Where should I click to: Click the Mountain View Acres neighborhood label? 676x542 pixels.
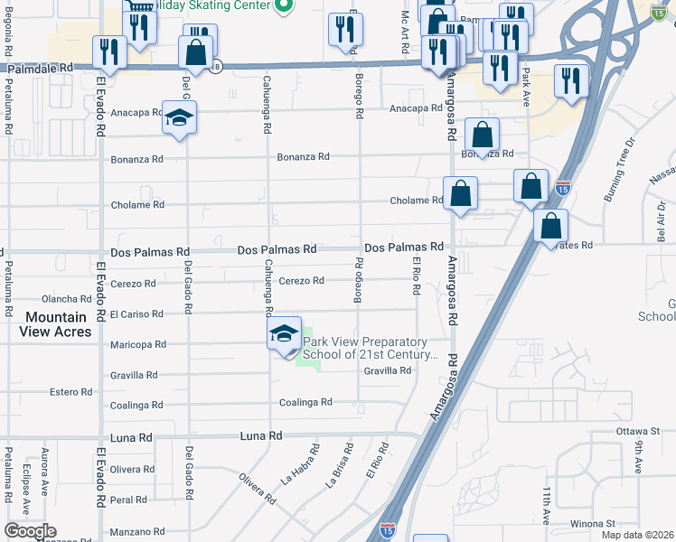point(56,324)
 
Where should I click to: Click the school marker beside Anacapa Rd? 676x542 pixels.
point(180,119)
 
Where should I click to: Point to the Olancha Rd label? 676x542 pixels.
point(67,299)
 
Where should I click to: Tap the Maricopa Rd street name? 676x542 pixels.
point(137,344)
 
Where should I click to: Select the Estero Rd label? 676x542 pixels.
point(71,392)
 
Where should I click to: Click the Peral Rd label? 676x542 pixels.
point(128,500)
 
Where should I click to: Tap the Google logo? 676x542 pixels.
point(30,531)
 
